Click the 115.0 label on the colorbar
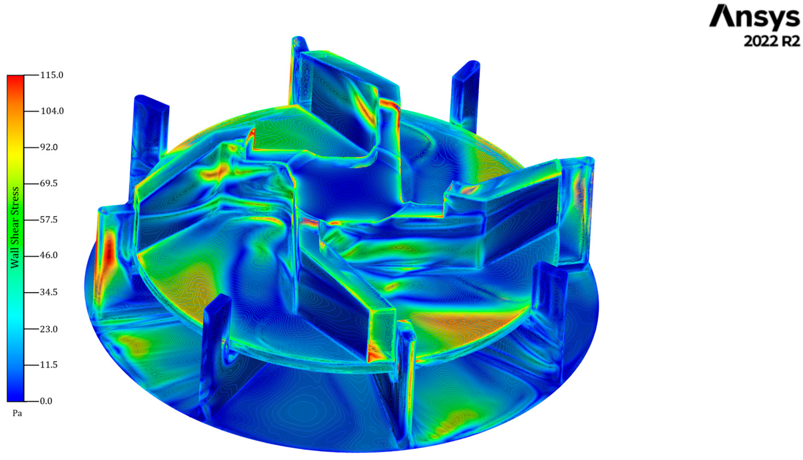(51, 75)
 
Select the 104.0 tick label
(52, 111)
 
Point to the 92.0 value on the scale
(49, 147)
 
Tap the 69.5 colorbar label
(49, 184)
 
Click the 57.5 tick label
(49, 220)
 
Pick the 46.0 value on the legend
(49, 255)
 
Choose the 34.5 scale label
(49, 292)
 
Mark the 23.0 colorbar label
(49, 329)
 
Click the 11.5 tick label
(49, 365)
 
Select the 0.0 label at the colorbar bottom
(46, 401)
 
